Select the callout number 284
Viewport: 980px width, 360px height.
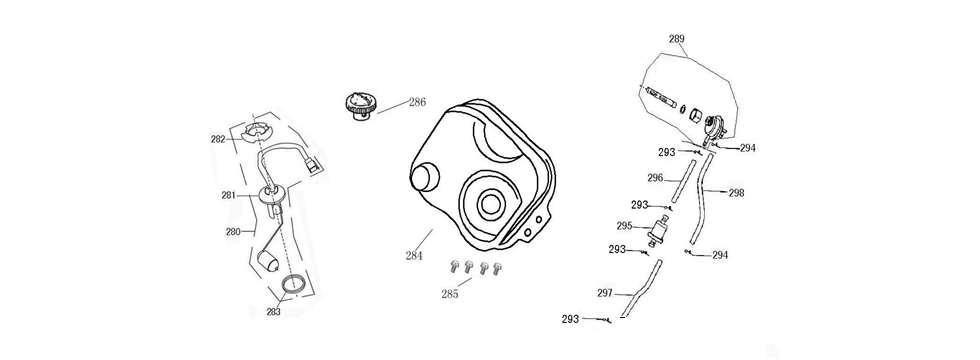(x=413, y=255)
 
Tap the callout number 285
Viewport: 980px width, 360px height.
(x=449, y=294)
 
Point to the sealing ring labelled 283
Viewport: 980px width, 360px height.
(x=294, y=284)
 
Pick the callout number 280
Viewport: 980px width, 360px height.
(x=233, y=231)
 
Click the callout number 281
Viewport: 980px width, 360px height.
(x=228, y=195)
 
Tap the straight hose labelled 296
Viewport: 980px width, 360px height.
(x=683, y=181)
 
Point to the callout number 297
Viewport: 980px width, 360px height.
(x=604, y=292)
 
